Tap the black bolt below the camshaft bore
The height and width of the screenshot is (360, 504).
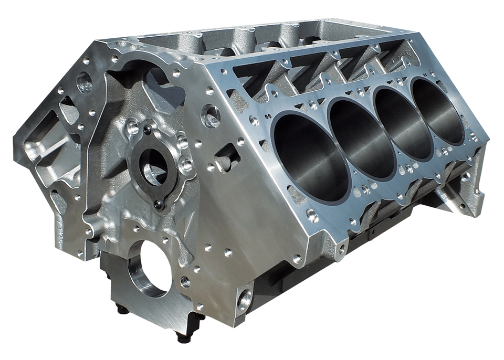point(158,200)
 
